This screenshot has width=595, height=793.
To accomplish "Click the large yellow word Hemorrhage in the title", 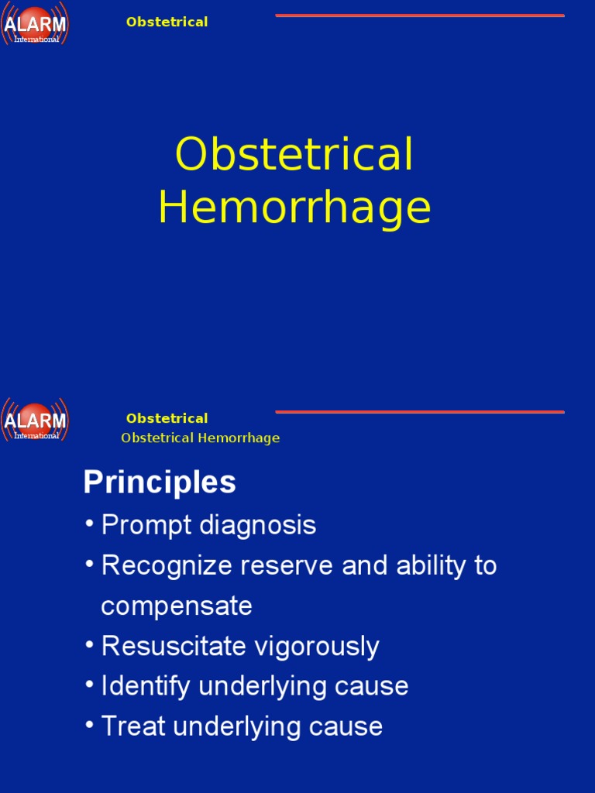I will [294, 208].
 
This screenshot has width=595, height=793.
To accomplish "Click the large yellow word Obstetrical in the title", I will [294, 154].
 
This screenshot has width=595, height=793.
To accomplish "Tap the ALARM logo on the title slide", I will [35, 26].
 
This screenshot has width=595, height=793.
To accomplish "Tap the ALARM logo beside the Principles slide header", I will [35, 421].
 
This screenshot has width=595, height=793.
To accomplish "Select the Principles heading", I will [160, 482].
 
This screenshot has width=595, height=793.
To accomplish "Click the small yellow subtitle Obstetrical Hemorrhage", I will [200, 438].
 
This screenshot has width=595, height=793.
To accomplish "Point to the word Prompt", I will [147, 525].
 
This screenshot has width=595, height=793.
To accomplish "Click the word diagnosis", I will [258, 525].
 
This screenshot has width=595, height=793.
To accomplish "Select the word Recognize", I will [167, 565].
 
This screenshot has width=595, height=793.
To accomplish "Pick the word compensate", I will [177, 606].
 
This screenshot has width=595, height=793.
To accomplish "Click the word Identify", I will [138, 686].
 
